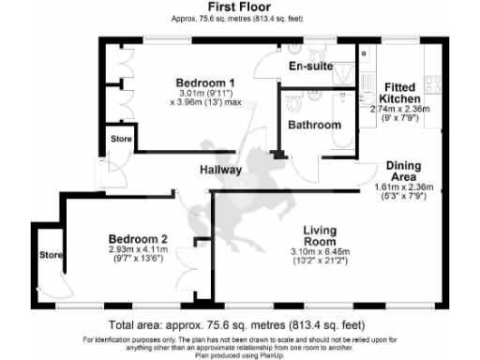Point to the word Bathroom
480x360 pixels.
pos(314,124)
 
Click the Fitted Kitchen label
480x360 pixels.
pos(400,93)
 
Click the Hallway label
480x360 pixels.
pos(220,171)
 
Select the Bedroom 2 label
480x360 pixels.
pos(138,237)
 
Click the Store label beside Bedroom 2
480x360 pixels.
pos(50,254)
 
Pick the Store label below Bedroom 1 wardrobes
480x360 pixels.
pos(120,141)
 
